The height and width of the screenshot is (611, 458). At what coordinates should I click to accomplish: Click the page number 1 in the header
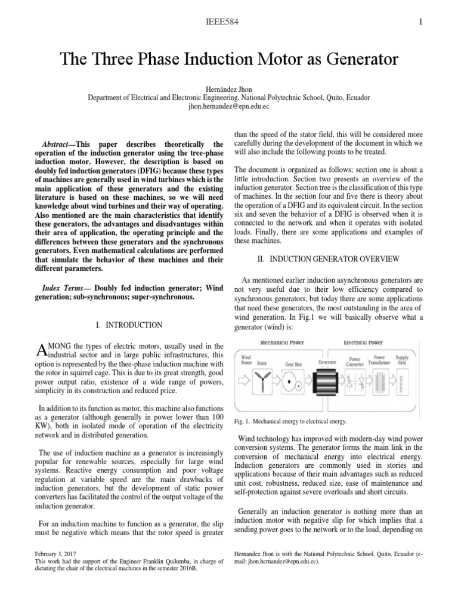pyautogui.click(x=421, y=23)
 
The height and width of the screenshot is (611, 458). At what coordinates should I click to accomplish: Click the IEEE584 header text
pyautogui.click(x=228, y=23)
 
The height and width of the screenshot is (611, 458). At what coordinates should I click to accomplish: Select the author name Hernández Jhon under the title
pyautogui.click(x=229, y=87)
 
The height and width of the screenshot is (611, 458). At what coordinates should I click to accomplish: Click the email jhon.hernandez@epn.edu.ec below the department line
pyautogui.click(x=229, y=106)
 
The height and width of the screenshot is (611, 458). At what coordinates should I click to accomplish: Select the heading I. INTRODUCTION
pyautogui.click(x=129, y=325)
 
